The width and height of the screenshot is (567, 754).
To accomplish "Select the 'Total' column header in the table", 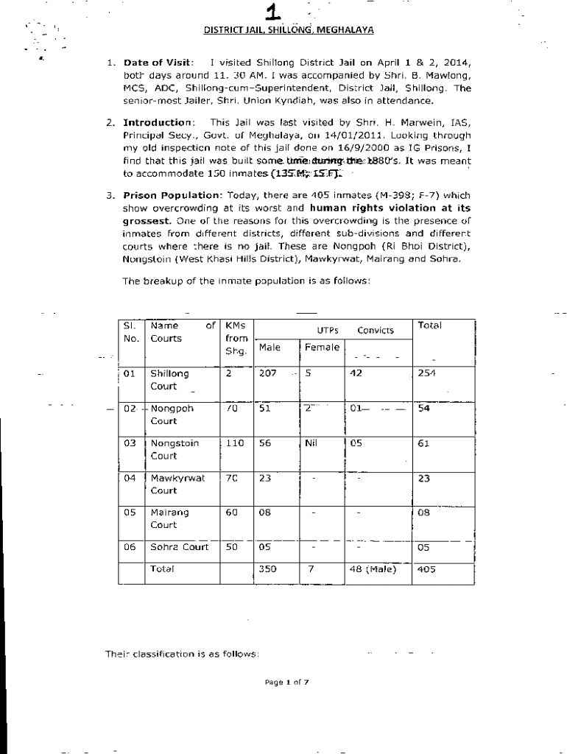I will point(428,325).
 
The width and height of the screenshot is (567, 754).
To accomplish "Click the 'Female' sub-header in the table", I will point(322,347).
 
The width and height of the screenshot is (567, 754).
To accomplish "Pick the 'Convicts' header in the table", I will point(376,331).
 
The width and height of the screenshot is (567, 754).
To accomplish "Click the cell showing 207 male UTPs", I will point(268,373).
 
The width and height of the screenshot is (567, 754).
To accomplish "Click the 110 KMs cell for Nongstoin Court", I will point(235,444).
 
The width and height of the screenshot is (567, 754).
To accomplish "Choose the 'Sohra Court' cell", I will point(179,547).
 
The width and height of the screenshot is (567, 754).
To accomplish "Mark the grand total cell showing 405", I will point(426,569).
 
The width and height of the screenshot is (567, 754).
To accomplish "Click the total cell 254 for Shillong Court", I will point(427,373).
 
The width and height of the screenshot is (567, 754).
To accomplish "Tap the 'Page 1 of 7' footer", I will point(286,682).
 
